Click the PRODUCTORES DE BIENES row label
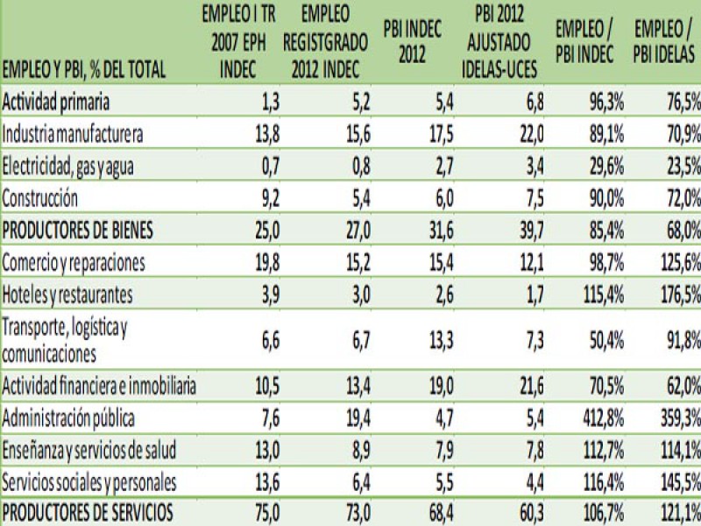click(x=78, y=231)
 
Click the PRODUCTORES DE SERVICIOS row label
click(x=88, y=511)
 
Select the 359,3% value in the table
click(x=676, y=419)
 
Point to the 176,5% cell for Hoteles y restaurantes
click(x=676, y=294)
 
